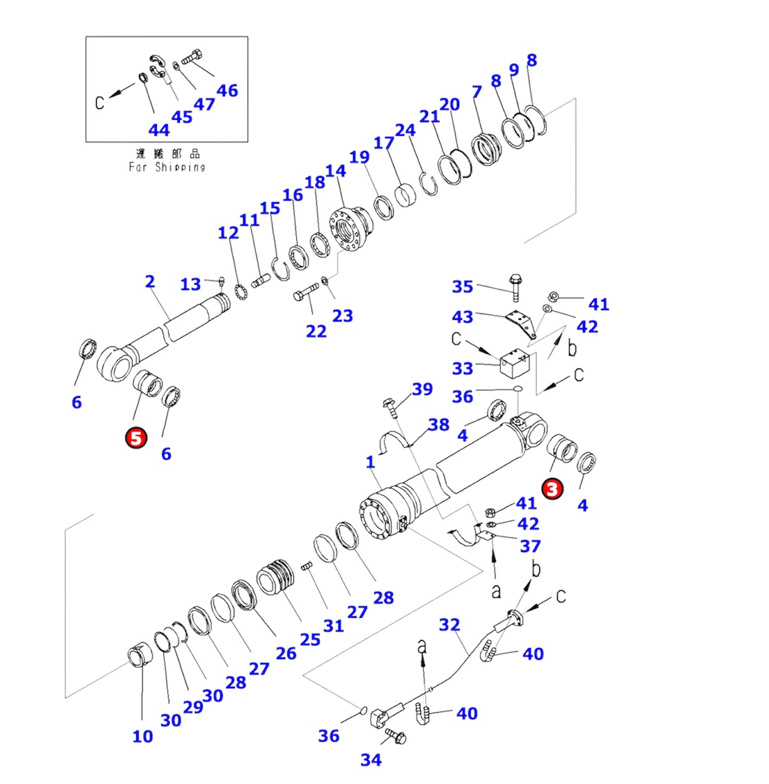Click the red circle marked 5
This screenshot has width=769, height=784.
pyautogui.click(x=136, y=438)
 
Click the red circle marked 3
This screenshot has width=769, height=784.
pyautogui.click(x=553, y=489)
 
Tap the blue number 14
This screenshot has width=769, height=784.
pyautogui.click(x=336, y=171)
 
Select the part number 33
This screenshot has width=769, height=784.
pyautogui.click(x=462, y=368)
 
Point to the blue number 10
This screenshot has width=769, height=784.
pyautogui.click(x=143, y=736)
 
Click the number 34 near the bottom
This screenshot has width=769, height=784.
pyautogui.click(x=370, y=759)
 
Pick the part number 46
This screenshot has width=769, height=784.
pyautogui.click(x=227, y=90)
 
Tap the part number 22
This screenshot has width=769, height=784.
pyautogui.click(x=316, y=331)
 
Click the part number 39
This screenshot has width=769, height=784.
pyautogui.click(x=422, y=389)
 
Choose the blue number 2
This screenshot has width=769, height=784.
pyautogui.click(x=149, y=281)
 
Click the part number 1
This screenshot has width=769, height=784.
pyautogui.click(x=370, y=461)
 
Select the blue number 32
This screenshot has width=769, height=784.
pyautogui.click(x=449, y=624)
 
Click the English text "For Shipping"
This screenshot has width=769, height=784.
pyautogui.click(x=167, y=167)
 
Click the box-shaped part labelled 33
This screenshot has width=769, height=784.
pyautogui.click(x=514, y=364)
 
